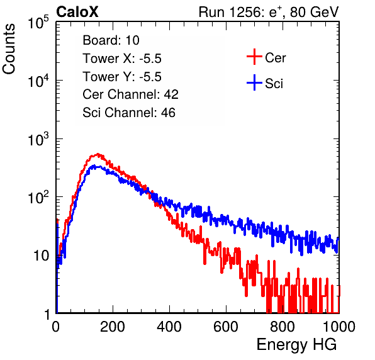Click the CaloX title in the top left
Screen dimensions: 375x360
(x=77, y=12)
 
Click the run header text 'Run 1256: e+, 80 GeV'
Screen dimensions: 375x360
(x=269, y=12)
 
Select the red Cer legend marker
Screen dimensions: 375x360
(x=254, y=57)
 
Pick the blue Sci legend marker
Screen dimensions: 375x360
(x=254, y=83)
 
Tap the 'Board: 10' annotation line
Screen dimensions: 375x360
(x=111, y=40)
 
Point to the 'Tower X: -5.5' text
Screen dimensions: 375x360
(x=122, y=59)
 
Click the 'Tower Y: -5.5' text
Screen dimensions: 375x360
(x=122, y=77)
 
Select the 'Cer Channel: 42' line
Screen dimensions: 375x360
(x=130, y=94)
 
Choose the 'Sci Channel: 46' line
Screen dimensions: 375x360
(x=129, y=113)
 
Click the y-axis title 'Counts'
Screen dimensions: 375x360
(x=9, y=49)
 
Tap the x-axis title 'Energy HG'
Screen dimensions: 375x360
(x=296, y=345)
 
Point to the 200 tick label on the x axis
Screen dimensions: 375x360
(x=113, y=327)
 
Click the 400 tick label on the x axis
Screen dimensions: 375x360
(x=169, y=327)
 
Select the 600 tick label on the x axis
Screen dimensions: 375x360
(x=226, y=327)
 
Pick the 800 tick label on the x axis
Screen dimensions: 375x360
(x=283, y=327)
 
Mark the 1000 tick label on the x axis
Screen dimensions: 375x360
(x=339, y=327)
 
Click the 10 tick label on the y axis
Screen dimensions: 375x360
(x=42, y=256)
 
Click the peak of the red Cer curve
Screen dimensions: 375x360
(x=98, y=154)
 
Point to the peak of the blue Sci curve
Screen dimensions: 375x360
(x=94, y=166)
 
